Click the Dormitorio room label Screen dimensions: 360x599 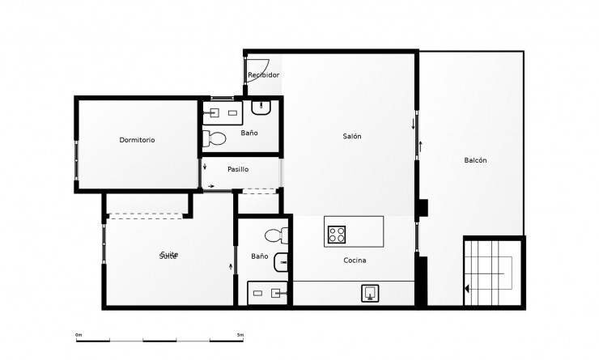[x=137, y=140]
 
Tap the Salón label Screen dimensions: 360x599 [x=351, y=136]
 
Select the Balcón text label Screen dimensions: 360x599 [x=475, y=160]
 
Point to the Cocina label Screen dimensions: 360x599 [x=355, y=260]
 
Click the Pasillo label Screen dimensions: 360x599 [x=238, y=169]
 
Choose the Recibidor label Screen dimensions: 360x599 [x=264, y=75]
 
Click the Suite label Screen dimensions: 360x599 [x=168, y=256]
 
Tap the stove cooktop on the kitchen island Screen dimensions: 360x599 [x=338, y=235]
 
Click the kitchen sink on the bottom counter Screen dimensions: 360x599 [x=370, y=293]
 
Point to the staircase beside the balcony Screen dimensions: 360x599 [x=493, y=270]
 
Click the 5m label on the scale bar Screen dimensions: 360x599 [x=240, y=335]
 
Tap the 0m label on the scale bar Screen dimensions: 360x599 [x=79, y=335]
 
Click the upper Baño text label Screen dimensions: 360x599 [x=249, y=133]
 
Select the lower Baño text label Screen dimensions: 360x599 [x=259, y=256]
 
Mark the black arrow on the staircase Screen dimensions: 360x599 [x=468, y=288]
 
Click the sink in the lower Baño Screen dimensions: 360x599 [x=281, y=261]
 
